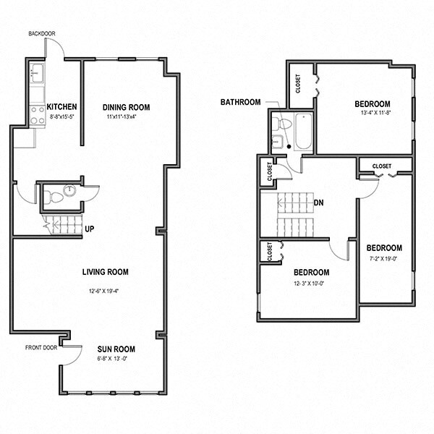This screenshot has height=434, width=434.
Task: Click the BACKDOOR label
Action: pos(42,33)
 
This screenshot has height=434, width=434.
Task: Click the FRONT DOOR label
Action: pos(41,347)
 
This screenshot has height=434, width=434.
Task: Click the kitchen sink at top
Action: pos(38,73)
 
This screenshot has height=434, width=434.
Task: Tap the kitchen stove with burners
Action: pos(38,112)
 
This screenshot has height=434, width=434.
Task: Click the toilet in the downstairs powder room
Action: pos(52,194)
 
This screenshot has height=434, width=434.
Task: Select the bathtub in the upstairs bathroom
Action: pos(302,131)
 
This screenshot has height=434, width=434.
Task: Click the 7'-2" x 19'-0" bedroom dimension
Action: pos(383,258)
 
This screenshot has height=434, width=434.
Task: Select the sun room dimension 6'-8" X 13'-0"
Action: pos(116,359)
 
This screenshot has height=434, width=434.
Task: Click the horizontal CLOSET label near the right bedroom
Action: pos(381,166)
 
